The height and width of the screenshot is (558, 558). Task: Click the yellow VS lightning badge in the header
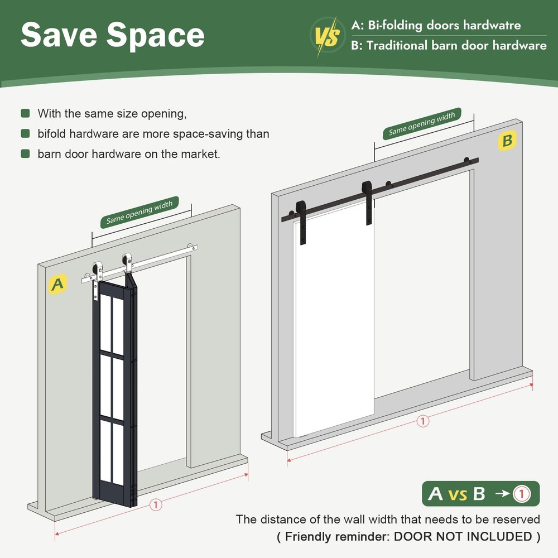(328, 36)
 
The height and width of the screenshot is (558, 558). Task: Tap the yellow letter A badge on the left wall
(57, 284)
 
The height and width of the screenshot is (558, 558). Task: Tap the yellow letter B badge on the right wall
(507, 141)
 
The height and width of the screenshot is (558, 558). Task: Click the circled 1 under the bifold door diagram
(156, 504)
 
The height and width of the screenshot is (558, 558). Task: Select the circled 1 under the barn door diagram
(423, 421)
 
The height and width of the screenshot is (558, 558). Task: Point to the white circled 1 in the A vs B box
(521, 494)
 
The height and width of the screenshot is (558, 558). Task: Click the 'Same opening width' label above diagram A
(139, 212)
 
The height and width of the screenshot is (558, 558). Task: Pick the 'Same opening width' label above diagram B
(422, 123)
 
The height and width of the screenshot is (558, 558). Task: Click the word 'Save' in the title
(59, 35)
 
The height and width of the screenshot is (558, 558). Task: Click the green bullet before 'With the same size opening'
(25, 113)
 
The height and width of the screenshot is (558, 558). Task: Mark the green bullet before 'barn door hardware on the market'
(25, 154)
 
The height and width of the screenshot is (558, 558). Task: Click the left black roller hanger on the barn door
(301, 222)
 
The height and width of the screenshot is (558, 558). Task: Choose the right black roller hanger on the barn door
(368, 202)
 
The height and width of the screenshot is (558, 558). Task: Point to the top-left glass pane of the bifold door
(105, 323)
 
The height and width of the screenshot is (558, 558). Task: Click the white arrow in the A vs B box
(502, 494)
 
